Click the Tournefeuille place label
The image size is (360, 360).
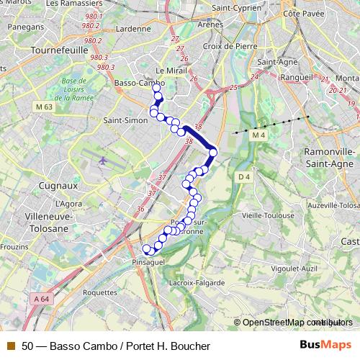point(59,52)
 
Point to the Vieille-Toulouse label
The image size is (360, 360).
point(268,215)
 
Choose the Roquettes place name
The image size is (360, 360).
point(99,293)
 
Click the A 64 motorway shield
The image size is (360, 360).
point(41,298)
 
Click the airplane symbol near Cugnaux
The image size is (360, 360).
point(103,159)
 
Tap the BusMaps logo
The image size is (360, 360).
point(325,346)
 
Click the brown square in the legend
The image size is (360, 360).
point(11,346)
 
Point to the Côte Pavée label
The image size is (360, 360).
point(301,13)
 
